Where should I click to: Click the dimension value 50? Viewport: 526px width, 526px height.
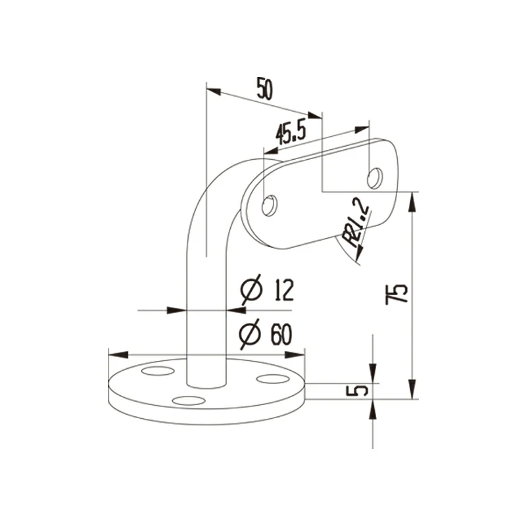(264, 89)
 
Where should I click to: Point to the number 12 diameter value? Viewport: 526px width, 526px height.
(279, 290)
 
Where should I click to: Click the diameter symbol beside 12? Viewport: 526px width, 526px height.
(252, 290)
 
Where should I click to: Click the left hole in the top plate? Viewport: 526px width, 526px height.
(269, 206)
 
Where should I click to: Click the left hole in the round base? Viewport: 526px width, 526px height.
(155, 372)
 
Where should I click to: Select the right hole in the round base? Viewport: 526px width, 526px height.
(269, 378)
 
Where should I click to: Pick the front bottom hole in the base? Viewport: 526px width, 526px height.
(188, 400)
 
